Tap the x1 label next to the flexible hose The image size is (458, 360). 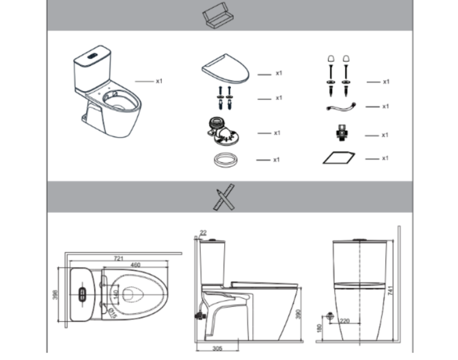click(x=385, y=106)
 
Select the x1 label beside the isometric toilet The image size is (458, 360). click(x=159, y=81)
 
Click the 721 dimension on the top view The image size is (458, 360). click(x=118, y=258)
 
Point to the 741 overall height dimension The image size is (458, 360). click(x=390, y=292)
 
